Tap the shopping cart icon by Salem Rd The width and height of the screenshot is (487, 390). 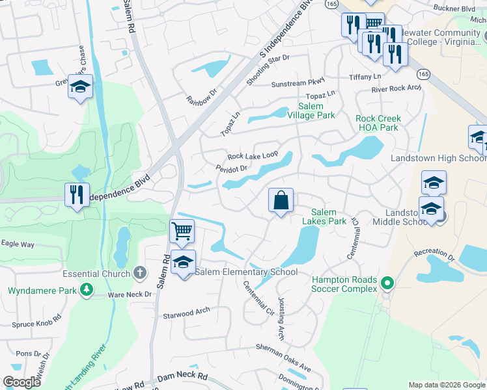[x=182, y=231]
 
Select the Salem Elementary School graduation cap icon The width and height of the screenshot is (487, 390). [x=184, y=262]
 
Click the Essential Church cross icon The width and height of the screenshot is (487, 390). [x=139, y=273]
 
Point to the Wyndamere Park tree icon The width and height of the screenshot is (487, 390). [x=87, y=290]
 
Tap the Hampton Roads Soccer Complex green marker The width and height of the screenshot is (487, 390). [x=387, y=283]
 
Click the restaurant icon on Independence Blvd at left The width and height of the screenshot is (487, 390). [x=77, y=194]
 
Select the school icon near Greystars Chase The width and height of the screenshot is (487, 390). [x=80, y=86]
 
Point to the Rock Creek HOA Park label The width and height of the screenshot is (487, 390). [x=378, y=123]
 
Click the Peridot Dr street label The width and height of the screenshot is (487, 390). [x=232, y=168]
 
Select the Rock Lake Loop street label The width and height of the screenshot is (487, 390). [x=253, y=156]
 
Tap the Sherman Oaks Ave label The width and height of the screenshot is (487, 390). [x=283, y=359]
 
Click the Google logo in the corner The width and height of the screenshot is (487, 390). [x=22, y=382]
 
